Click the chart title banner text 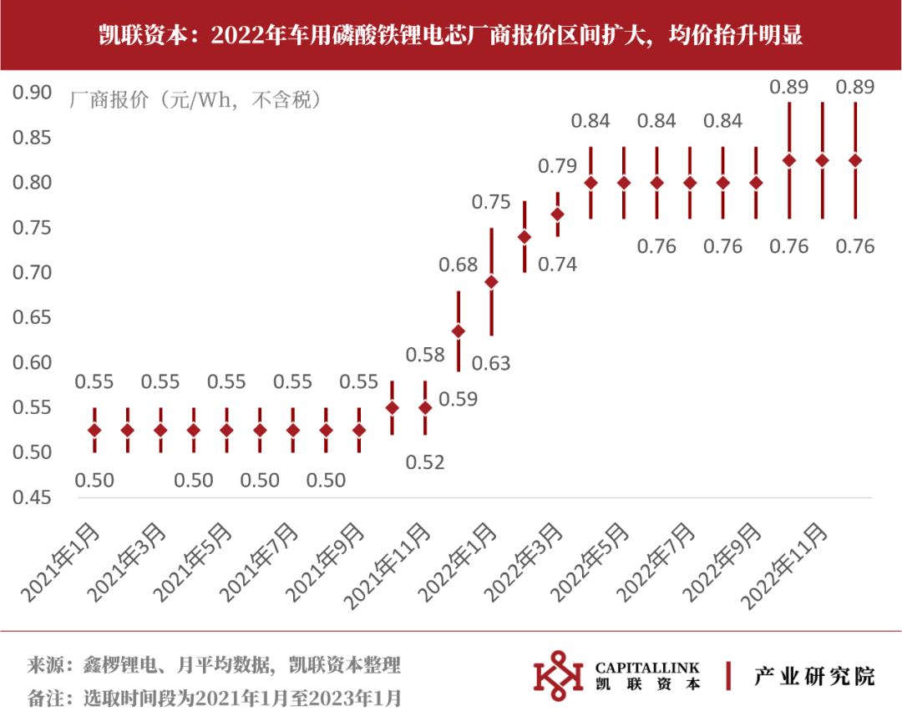(x=451, y=36)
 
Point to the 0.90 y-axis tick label (x=32, y=92)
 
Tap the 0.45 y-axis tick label (x=32, y=497)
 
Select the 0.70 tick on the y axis (x=32, y=272)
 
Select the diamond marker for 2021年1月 (x=94, y=430)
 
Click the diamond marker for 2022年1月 (x=491, y=282)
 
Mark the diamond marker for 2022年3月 (x=558, y=214)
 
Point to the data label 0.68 (x=459, y=265)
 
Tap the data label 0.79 (x=557, y=166)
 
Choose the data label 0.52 (x=425, y=462)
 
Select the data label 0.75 (x=491, y=202)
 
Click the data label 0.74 (x=557, y=265)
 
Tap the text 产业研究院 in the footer (x=814, y=675)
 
